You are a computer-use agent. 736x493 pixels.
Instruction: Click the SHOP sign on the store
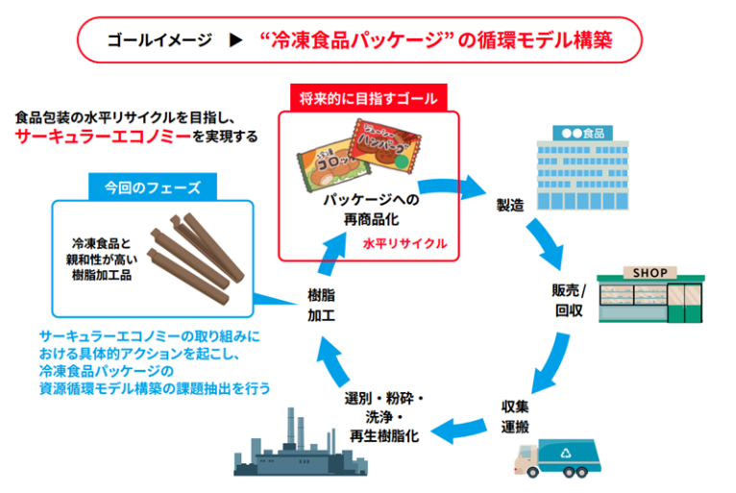coord(650,273)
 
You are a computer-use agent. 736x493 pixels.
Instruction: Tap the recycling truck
coord(557,457)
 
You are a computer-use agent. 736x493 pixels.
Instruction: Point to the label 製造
coord(510,206)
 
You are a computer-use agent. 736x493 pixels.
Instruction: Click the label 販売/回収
coord(569,301)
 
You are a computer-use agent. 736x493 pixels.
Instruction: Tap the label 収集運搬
coord(515,416)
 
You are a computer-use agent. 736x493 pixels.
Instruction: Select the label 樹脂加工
coord(321,306)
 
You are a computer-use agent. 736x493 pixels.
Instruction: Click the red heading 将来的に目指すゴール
coord(368,99)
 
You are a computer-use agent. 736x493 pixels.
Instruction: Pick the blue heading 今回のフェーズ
coord(153,187)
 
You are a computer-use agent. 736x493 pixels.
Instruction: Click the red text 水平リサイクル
coord(405,243)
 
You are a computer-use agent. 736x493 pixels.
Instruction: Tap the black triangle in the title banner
coord(235,40)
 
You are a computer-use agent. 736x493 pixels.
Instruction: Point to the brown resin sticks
coord(196,259)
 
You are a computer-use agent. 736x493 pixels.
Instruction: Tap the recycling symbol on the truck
coord(566,453)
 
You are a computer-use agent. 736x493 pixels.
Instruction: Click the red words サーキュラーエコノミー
coord(103,136)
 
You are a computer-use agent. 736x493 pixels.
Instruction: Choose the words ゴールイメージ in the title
coord(159,40)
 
